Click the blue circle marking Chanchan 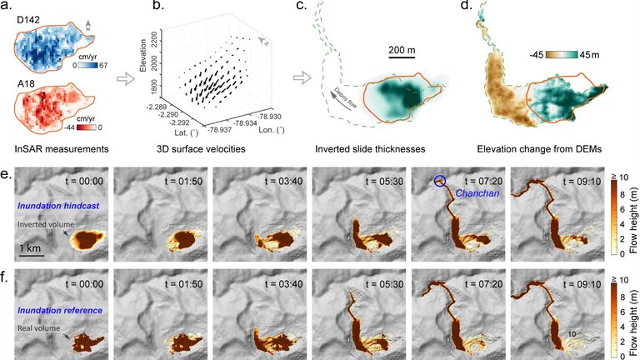coord(438,180)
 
